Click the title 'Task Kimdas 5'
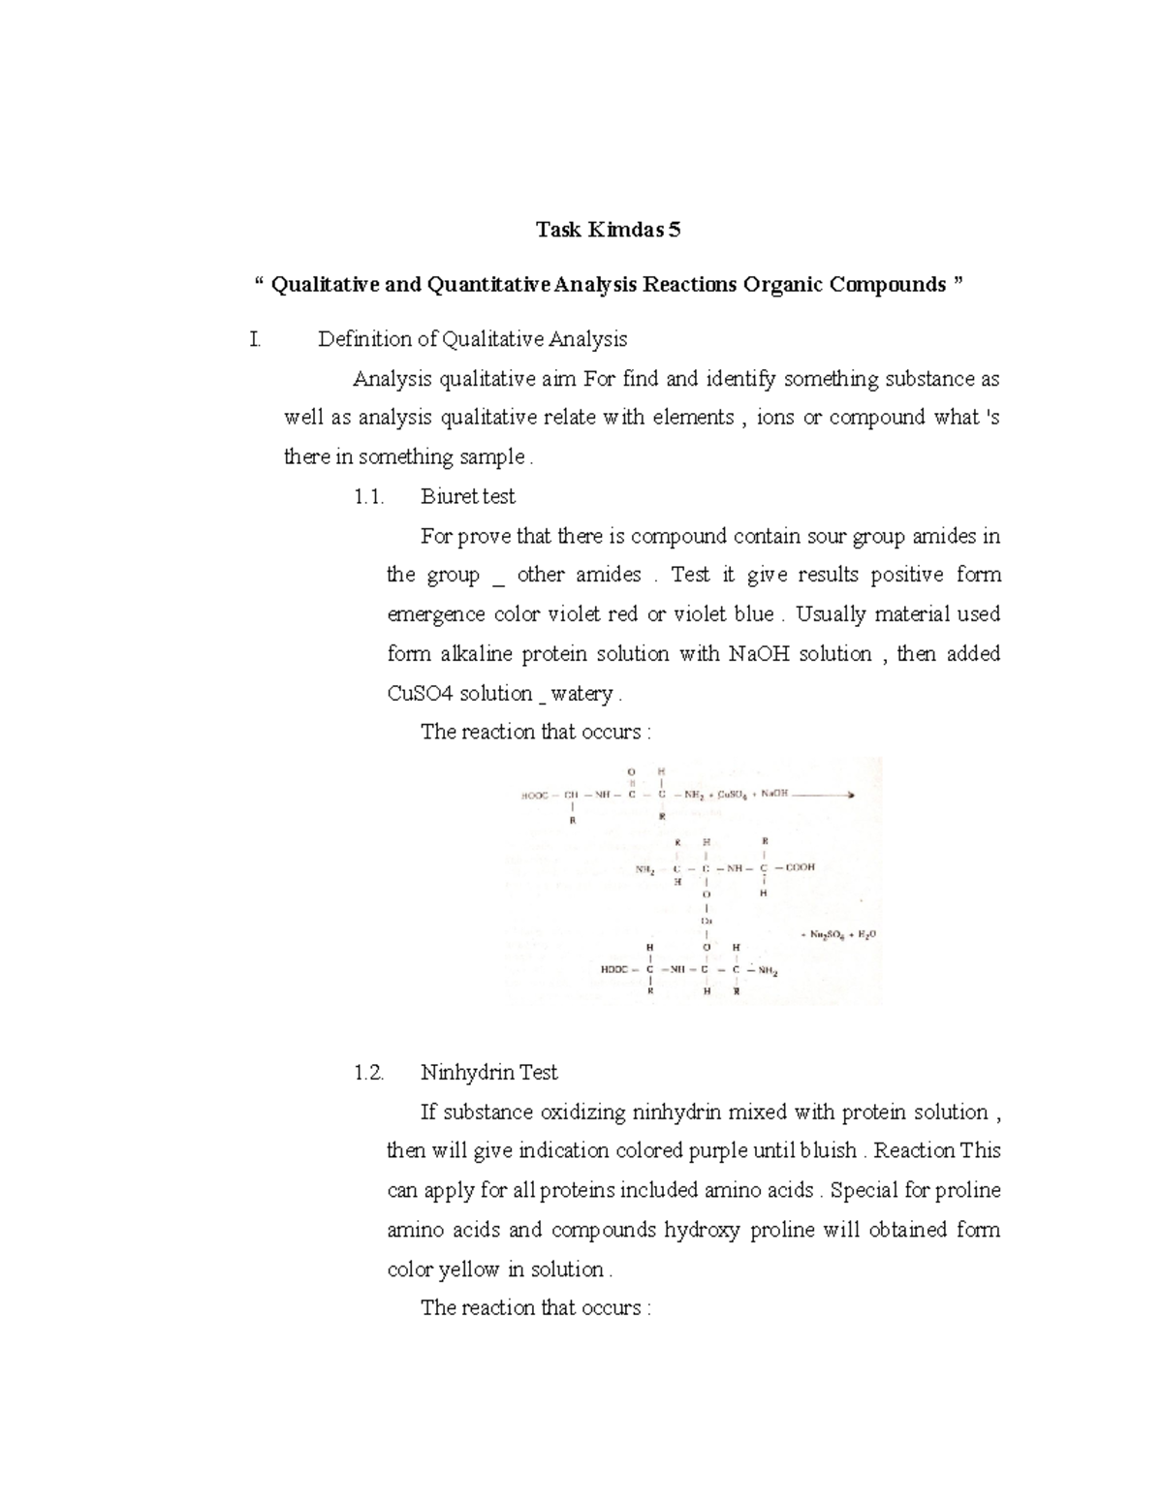[x=609, y=230]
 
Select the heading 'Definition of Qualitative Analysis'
[x=472, y=339]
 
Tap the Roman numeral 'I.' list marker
[x=255, y=339]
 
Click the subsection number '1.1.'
[x=369, y=497]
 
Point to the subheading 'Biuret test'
[x=467, y=497]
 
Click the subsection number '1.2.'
[x=369, y=1073]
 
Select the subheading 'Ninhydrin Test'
[x=488, y=1073]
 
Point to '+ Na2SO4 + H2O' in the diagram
[x=837, y=935]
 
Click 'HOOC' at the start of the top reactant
[x=535, y=795]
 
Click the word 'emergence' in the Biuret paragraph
[x=435, y=615]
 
